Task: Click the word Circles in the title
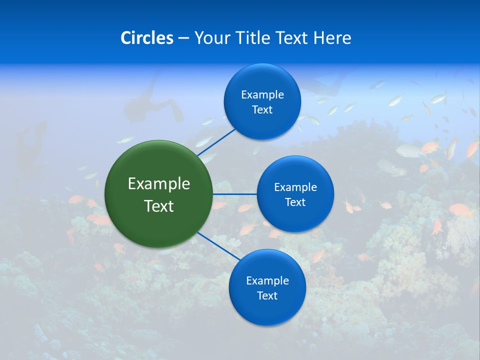click(146, 38)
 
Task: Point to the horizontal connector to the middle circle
click(235, 194)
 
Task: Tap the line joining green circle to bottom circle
click(218, 246)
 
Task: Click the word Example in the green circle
click(159, 184)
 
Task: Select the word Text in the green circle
click(159, 206)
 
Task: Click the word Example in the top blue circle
click(262, 95)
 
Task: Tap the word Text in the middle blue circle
click(295, 202)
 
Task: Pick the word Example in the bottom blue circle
click(267, 281)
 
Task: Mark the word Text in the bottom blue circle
click(267, 296)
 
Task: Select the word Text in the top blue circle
click(262, 110)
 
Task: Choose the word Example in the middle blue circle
click(295, 187)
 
